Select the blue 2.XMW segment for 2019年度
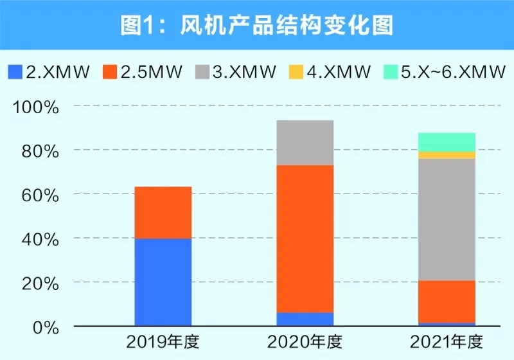tap(163, 282)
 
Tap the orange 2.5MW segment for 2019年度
tap(163, 212)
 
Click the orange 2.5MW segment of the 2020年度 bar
tap(305, 239)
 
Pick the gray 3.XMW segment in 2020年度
tap(305, 143)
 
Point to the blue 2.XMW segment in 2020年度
tap(305, 319)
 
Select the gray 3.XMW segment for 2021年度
tap(447, 219)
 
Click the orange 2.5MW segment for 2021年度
tap(447, 301)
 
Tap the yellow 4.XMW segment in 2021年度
tap(447, 155)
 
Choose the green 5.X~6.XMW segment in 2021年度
tap(447, 142)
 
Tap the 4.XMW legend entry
tap(330, 71)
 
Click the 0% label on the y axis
tap(45, 327)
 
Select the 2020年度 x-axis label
tap(305, 341)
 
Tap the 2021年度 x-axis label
tap(447, 341)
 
